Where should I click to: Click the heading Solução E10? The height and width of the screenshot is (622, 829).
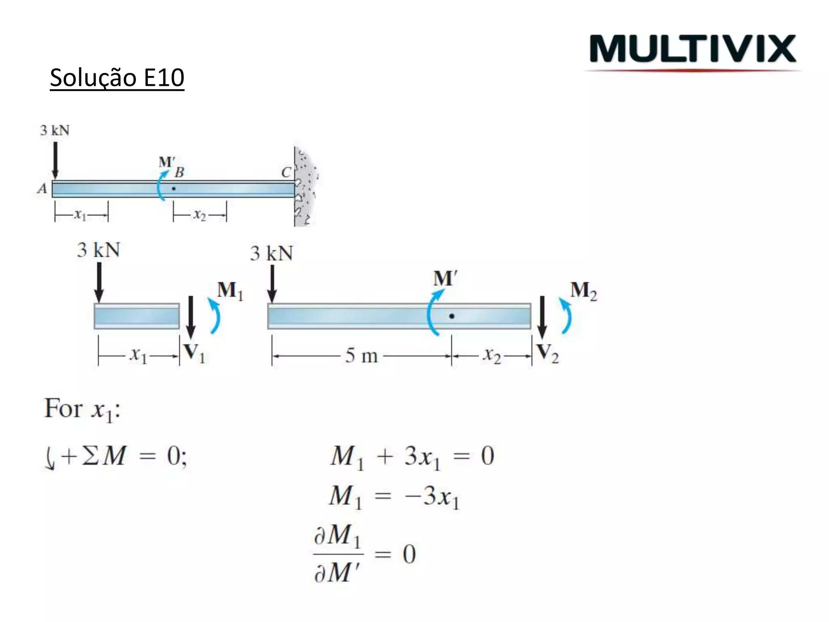[x=117, y=78]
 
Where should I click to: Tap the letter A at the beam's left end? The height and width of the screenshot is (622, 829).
[x=42, y=189]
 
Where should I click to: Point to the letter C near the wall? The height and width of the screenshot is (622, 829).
[x=286, y=173]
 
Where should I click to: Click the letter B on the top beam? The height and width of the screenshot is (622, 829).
[x=179, y=173]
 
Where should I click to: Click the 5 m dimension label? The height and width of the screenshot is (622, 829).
[x=361, y=356]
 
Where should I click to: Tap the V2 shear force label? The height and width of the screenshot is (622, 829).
[x=547, y=353]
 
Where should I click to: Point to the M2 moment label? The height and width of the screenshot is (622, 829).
[x=583, y=291]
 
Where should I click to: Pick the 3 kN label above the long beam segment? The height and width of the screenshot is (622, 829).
[x=271, y=254]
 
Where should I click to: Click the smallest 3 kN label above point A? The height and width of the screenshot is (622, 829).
[x=55, y=130]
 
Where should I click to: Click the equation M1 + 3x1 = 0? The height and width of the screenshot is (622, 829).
[x=412, y=457]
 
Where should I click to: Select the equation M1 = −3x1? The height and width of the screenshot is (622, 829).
[x=394, y=496]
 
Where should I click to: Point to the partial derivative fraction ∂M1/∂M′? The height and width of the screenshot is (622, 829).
[x=338, y=554]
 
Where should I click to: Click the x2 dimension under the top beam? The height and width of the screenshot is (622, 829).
[x=200, y=215]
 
